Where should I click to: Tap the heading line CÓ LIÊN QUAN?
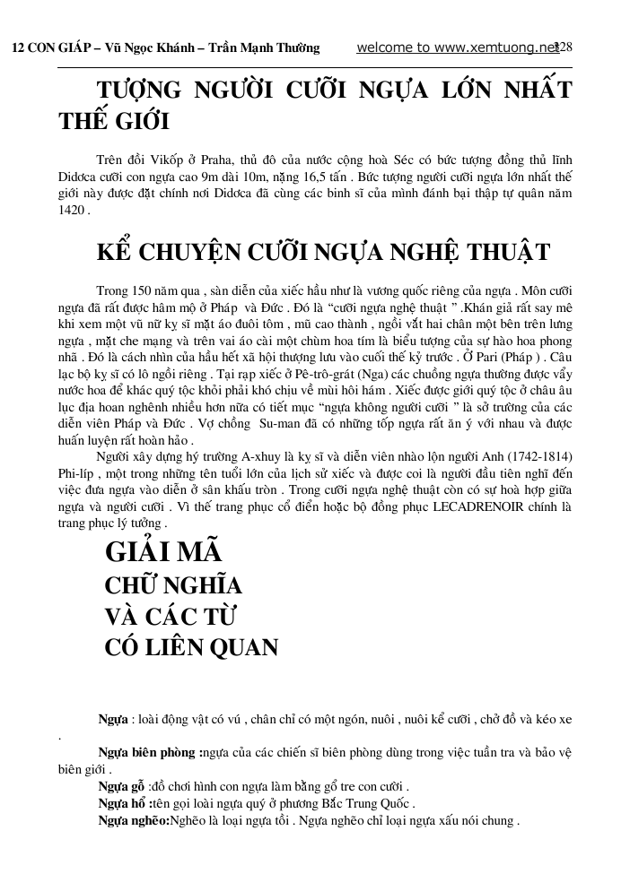coord(191,647)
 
